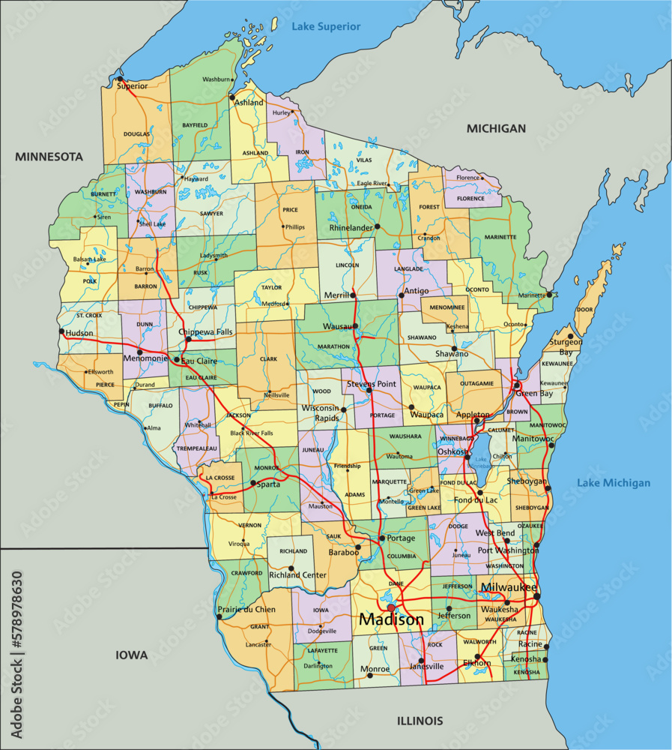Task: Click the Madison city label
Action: pyautogui.click(x=391, y=619)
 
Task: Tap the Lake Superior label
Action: pyautogui.click(x=326, y=27)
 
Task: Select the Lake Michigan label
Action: pyautogui.click(x=614, y=483)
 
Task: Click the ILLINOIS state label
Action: pyautogui.click(x=420, y=721)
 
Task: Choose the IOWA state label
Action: pyautogui.click(x=132, y=655)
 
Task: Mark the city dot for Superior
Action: pyautogui.click(x=119, y=78)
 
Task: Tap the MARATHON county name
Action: pyautogui.click(x=333, y=346)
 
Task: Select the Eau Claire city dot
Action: pyautogui.click(x=177, y=360)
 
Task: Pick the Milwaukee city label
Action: pyautogui.click(x=509, y=586)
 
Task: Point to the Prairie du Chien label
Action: pyautogui.click(x=246, y=610)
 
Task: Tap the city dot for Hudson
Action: pyautogui.click(x=61, y=331)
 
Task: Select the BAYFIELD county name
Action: pyautogui.click(x=193, y=126)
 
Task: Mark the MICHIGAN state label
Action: pyautogui.click(x=496, y=129)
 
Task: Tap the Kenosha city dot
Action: pyautogui.click(x=545, y=659)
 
